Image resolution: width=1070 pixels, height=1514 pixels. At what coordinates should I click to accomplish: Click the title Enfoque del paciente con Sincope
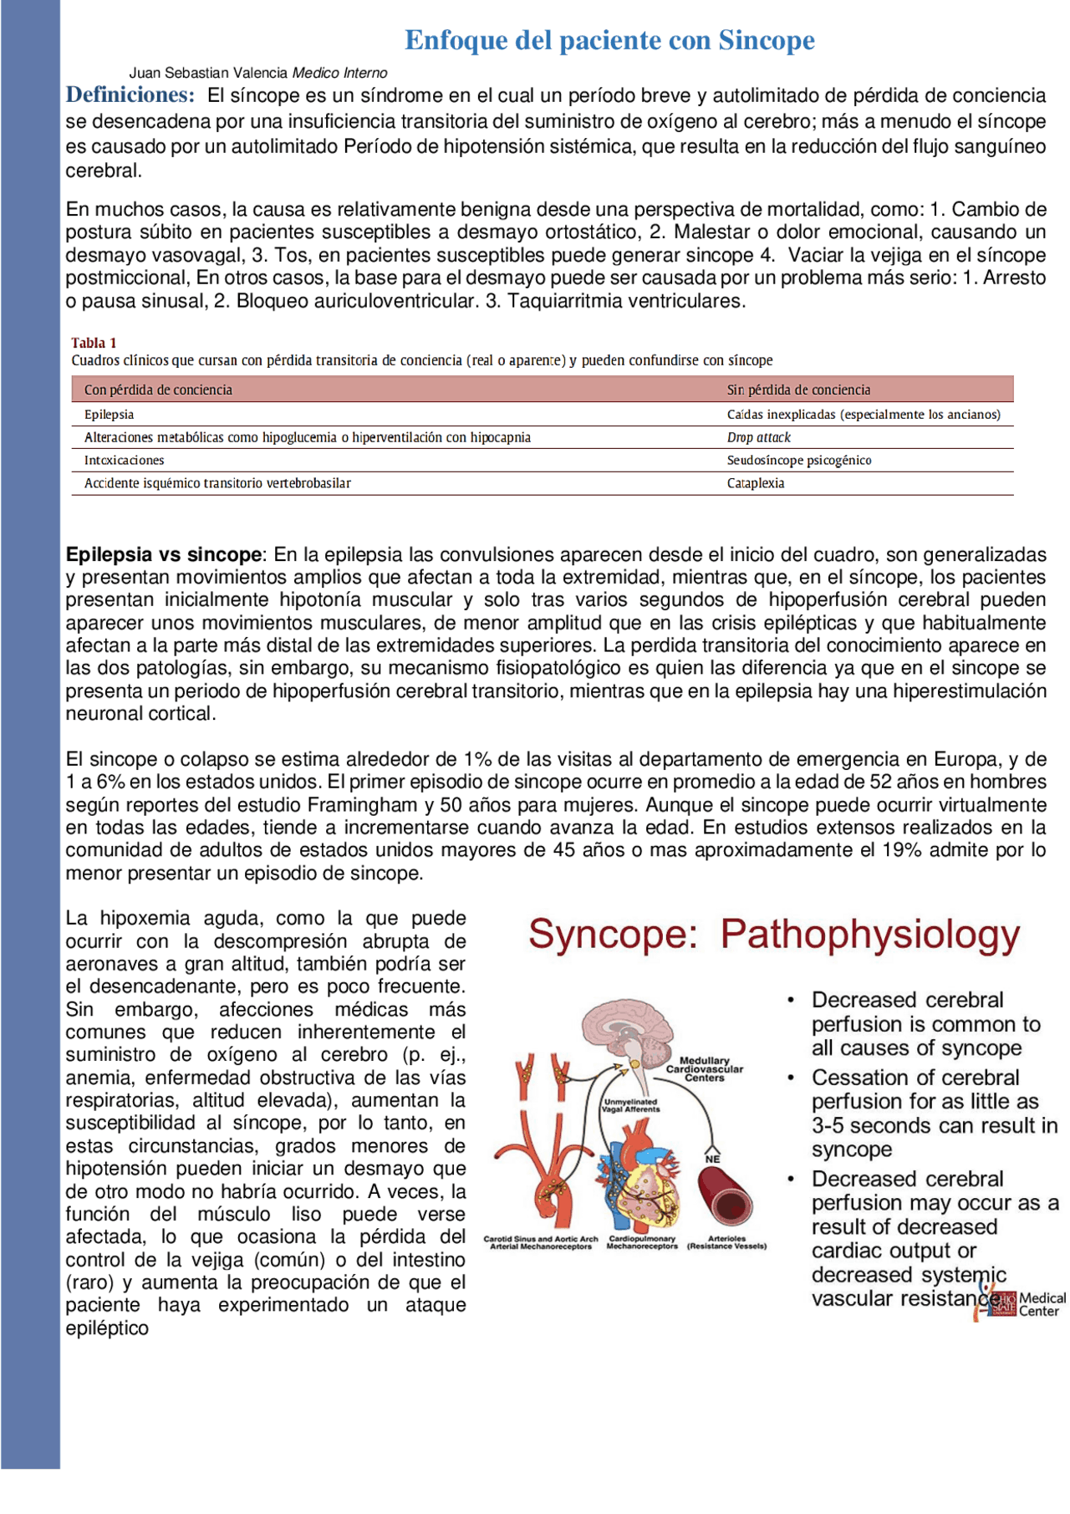[609, 40]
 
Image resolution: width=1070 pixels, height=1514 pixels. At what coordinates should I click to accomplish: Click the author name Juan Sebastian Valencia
[209, 74]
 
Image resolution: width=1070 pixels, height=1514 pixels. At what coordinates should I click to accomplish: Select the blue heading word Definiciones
[130, 94]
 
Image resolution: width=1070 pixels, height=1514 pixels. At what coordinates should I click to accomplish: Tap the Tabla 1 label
[94, 343]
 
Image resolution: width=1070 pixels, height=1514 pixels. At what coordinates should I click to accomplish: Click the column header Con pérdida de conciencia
[158, 390]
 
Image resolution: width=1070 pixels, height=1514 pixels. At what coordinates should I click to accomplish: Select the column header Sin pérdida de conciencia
[797, 390]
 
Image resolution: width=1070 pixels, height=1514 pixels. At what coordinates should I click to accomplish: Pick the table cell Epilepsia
[109, 415]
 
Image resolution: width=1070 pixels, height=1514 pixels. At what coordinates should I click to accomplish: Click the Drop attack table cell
[758, 437]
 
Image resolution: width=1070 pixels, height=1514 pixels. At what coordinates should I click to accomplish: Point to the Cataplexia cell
[755, 483]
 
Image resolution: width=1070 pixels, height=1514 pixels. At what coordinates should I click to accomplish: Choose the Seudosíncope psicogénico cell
[798, 461]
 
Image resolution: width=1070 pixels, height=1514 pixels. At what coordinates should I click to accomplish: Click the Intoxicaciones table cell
[124, 461]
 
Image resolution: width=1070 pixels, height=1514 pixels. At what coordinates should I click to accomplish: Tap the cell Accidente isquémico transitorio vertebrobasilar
[217, 483]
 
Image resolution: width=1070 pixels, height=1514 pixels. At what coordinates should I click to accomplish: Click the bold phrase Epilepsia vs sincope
[164, 554]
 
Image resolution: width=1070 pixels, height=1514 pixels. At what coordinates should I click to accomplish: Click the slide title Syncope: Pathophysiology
[773, 934]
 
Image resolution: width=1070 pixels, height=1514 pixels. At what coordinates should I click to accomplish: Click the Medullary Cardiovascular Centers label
[704, 1069]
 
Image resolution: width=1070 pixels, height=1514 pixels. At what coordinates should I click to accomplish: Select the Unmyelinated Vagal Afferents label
[631, 1105]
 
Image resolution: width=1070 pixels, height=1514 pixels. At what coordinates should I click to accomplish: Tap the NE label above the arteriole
[712, 1160]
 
